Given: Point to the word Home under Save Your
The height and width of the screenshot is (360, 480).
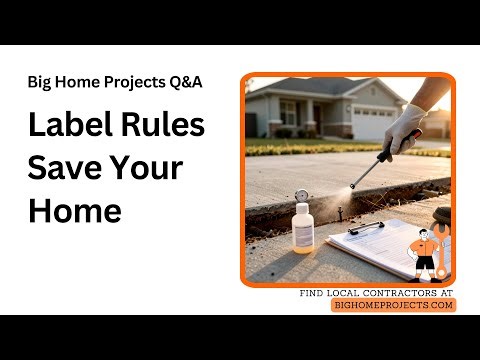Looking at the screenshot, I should pos(74,210).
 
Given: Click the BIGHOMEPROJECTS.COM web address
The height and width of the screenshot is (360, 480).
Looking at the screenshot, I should pos(393,305).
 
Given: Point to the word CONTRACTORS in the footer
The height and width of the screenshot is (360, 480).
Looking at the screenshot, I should pos(385,293).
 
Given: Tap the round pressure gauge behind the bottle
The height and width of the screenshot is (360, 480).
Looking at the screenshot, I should pos(300,196).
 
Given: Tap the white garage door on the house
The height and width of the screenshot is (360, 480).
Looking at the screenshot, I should pos(374,123).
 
